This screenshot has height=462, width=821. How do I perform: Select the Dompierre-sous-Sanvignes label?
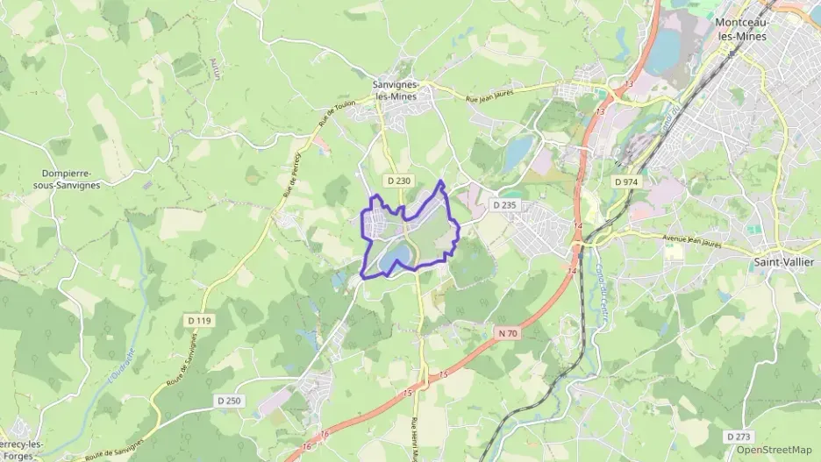pyautogui.click(x=71, y=179)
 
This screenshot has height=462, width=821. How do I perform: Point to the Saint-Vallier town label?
pyautogui.click(x=782, y=262)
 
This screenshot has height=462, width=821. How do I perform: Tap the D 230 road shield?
pyautogui.click(x=397, y=181)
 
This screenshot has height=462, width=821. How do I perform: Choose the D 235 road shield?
pyautogui.click(x=504, y=204)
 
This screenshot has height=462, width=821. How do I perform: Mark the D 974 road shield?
pyautogui.click(x=626, y=181)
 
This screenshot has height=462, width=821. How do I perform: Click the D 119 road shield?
pyautogui.click(x=199, y=321)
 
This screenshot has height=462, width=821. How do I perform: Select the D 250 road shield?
pyautogui.click(x=228, y=400)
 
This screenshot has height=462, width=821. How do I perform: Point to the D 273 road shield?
pyautogui.click(x=738, y=436)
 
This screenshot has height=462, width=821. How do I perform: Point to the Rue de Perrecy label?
pyautogui.click(x=290, y=170)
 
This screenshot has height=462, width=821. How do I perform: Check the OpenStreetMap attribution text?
pyautogui.click(x=775, y=450)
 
